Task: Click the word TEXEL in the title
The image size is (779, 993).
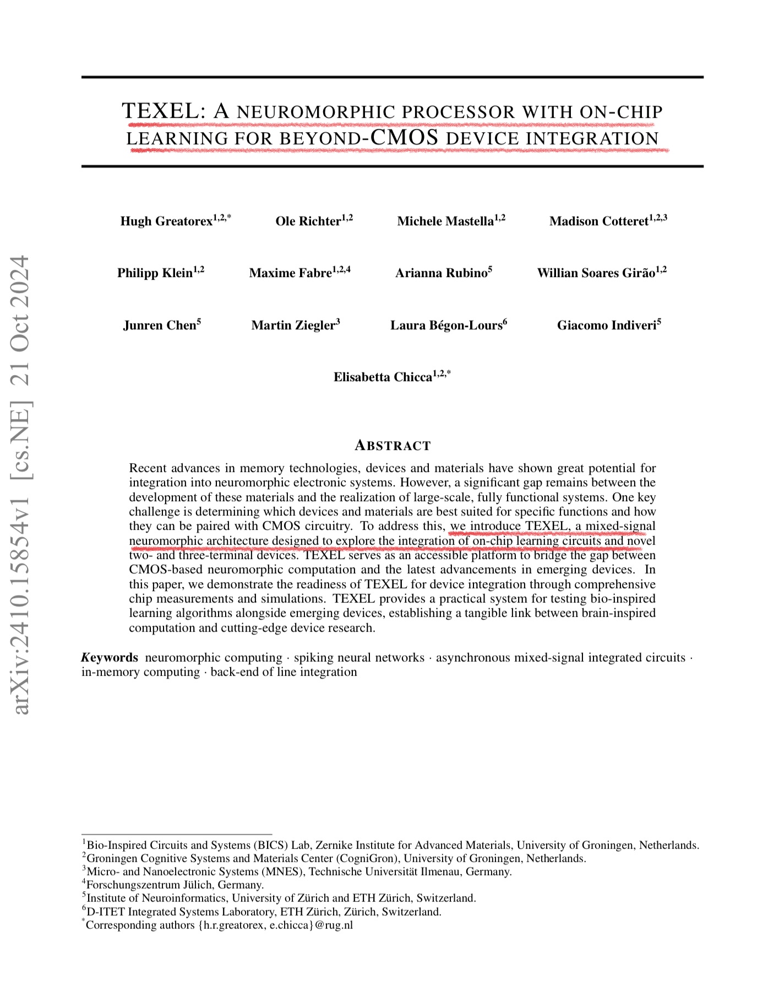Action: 159,111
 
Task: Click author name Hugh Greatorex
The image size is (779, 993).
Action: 166,221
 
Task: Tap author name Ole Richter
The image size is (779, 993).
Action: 308,221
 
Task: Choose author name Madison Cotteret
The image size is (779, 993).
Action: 598,221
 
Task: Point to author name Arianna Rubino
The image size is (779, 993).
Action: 441,273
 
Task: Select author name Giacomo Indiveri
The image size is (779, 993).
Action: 606,325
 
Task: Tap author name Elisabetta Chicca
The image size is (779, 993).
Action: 383,377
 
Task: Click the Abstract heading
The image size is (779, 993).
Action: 393,446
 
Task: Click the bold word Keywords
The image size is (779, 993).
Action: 110,658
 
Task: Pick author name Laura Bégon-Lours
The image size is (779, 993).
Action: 446,325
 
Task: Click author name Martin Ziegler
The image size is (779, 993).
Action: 293,325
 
